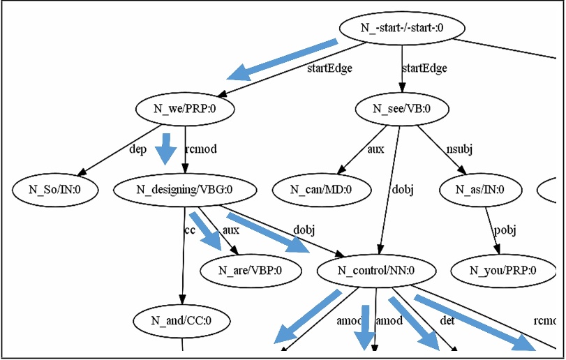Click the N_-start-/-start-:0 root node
[x=402, y=28]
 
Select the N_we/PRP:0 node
[x=184, y=109]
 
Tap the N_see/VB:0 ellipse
[x=402, y=109]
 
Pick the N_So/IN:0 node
[x=55, y=188]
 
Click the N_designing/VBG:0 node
[x=184, y=188]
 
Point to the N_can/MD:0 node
[x=322, y=188]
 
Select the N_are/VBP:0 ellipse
[x=251, y=270]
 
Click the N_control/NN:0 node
[x=376, y=270]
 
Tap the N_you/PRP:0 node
[x=502, y=270]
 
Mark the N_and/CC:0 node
[x=182, y=322]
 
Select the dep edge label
[x=137, y=148]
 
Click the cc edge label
[x=189, y=230]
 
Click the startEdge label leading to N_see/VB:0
[x=424, y=68]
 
